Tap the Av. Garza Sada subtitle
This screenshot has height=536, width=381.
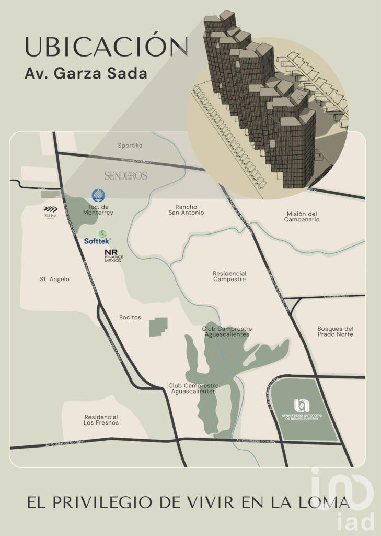[86, 73]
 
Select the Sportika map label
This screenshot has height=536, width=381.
[130, 145]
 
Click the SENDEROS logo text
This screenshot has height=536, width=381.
[126, 176]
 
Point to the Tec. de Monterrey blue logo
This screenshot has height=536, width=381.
[98, 196]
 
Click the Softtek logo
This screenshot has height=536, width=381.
[98, 238]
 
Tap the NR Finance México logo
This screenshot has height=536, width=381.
[113, 255]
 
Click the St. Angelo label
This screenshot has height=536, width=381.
[55, 279]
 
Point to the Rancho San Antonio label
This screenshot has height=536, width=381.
[186, 209]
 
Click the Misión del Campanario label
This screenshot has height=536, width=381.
[302, 216]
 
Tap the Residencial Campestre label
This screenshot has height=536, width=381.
[229, 276]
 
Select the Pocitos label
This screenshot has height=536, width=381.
[130, 317]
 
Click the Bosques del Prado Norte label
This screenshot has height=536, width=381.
[336, 331]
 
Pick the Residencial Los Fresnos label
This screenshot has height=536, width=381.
[101, 419]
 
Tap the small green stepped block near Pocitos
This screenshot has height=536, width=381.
[158, 327]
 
